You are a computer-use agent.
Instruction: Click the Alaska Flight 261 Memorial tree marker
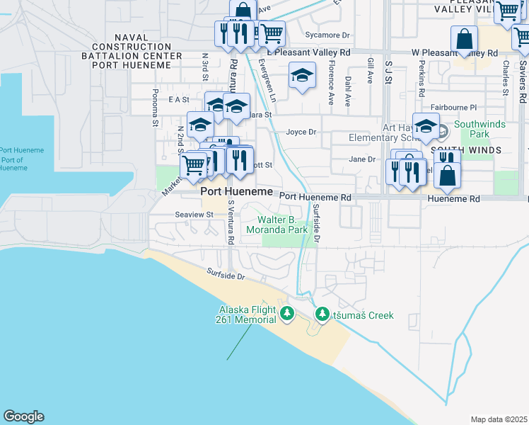(286, 313)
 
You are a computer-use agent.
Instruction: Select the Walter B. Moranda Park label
(277, 225)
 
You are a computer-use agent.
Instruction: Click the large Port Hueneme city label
(237, 192)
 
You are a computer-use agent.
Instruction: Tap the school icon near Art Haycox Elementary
(426, 127)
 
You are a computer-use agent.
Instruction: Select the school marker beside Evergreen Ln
(302, 76)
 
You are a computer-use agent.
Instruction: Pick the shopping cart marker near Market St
(193, 166)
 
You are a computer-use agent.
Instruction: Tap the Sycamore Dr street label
(327, 35)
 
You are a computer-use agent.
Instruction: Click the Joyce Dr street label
(301, 132)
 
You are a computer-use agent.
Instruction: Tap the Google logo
(23, 416)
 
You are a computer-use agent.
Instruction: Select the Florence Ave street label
(331, 74)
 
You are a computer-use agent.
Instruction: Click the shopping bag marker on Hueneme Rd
(447, 175)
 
